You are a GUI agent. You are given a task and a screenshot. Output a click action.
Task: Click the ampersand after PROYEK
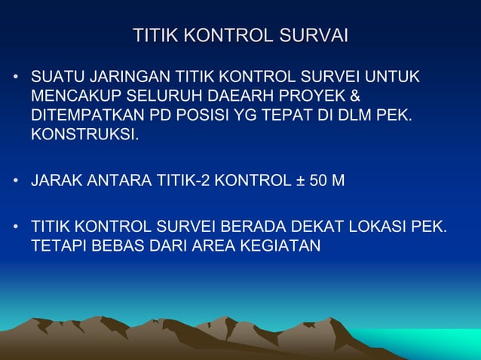tap(356, 98)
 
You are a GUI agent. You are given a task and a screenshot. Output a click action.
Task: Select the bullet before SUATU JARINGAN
tap(14, 78)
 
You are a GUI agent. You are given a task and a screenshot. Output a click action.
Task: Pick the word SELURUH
tap(159, 98)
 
